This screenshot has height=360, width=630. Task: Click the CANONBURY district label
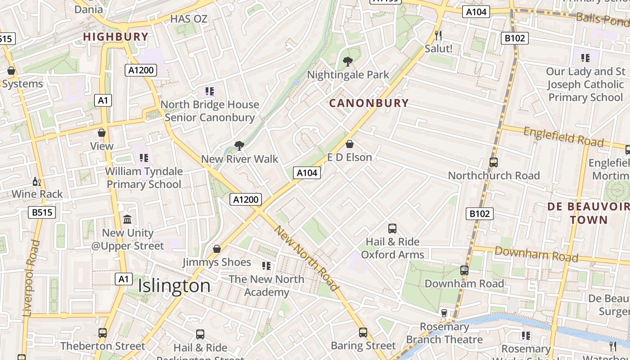369,103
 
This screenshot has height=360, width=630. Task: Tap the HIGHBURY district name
116,37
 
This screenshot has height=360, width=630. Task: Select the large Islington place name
174,286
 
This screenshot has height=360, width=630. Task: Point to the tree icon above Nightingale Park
347,62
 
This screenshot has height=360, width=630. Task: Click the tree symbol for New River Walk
239,145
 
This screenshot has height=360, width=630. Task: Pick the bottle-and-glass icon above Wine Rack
37,182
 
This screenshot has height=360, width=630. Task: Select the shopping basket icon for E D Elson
350,144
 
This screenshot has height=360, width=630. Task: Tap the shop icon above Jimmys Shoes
217,249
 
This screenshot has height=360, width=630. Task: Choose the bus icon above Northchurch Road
494,162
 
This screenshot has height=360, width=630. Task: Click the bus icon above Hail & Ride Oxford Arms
392,229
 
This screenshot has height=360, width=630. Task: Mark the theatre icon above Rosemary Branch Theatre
444,313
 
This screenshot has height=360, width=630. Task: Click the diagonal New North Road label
306,258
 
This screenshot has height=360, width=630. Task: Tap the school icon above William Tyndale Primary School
144,158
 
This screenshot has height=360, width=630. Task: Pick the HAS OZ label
189,19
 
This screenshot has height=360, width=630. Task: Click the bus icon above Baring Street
363,333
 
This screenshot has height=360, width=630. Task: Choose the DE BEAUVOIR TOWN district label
589,213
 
